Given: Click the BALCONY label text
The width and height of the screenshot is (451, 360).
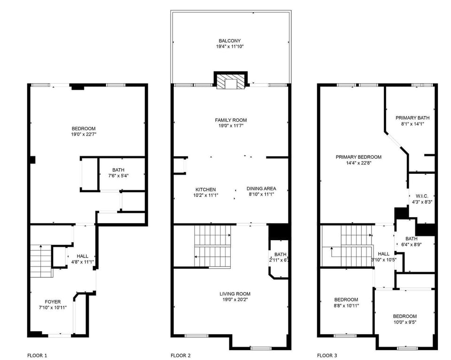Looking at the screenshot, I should (230, 41).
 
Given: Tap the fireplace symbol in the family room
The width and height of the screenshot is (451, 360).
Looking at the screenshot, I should (231, 82).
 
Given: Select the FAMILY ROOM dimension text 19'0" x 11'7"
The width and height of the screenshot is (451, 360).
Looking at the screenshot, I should (230, 126).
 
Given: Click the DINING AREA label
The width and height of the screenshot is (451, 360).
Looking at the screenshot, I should (261, 188).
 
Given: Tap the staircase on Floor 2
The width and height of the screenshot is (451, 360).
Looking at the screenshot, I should (213, 246).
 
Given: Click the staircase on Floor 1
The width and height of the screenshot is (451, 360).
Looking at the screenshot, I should (41, 261).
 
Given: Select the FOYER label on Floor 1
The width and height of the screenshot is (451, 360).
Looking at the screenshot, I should (53, 302).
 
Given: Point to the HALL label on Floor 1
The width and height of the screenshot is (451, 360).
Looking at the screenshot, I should (83, 256).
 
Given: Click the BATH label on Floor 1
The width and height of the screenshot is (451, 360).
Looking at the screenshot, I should (118, 170).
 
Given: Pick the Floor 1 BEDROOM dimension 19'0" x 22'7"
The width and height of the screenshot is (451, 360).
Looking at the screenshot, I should (84, 134).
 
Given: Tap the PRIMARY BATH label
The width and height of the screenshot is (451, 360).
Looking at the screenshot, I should (412, 118).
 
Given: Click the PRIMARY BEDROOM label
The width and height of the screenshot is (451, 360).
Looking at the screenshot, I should (358, 157).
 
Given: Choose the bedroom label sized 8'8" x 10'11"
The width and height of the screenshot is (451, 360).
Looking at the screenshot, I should (346, 299).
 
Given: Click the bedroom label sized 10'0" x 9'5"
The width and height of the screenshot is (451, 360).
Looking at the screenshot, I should (404, 316).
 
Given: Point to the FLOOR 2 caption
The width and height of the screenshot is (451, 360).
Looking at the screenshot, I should (180, 355).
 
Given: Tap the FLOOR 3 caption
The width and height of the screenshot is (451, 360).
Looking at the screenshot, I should (327, 355).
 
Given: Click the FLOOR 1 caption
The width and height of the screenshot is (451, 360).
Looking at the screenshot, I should (37, 355).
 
